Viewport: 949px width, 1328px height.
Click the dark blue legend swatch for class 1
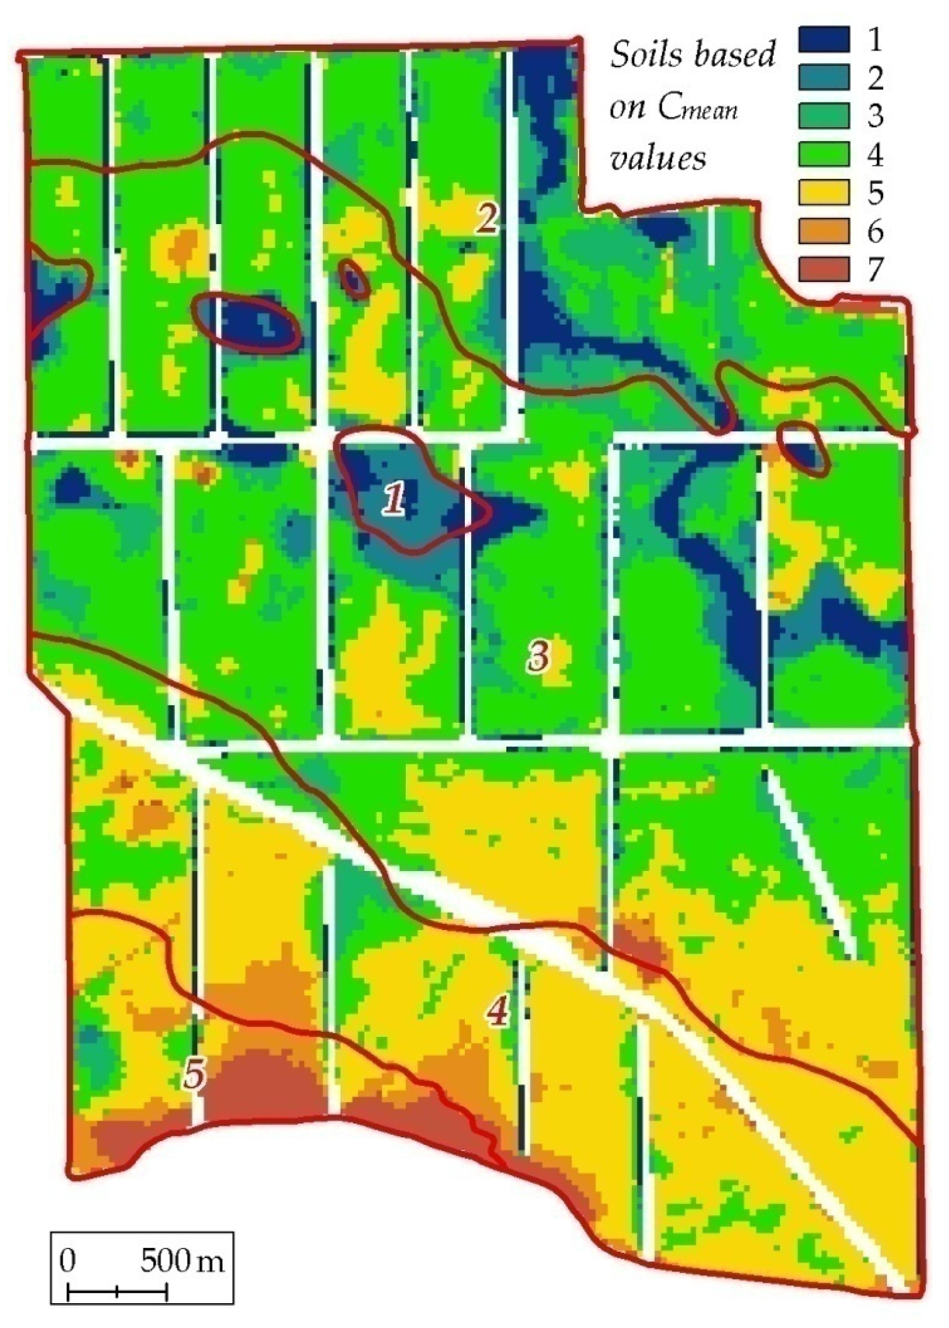click(x=824, y=38)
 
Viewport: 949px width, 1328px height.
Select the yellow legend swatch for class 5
click(x=824, y=192)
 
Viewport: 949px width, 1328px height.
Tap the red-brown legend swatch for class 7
click(x=824, y=269)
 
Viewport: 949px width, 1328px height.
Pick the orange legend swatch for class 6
click(x=824, y=231)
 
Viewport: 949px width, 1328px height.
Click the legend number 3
click(x=875, y=116)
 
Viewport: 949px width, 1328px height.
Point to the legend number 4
click(x=875, y=155)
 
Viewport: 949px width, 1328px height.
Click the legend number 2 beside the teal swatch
click(x=875, y=78)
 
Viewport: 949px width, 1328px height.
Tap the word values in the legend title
click(x=659, y=158)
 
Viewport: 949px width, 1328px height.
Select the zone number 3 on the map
click(x=537, y=656)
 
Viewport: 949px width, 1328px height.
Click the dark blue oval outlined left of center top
click(x=247, y=323)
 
